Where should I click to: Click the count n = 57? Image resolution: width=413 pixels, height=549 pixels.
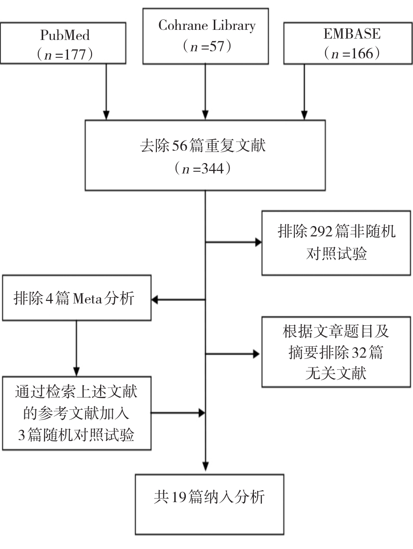pyautogui.click(x=206, y=46)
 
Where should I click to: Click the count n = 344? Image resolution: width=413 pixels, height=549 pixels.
pyautogui.click(x=206, y=169)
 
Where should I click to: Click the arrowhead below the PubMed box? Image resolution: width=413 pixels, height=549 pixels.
pyautogui.click(x=106, y=113)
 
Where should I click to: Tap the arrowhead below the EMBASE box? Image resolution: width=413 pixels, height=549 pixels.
pyautogui.click(x=304, y=113)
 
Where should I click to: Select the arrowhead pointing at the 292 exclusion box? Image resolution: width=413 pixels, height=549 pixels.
pyautogui.click(x=256, y=242)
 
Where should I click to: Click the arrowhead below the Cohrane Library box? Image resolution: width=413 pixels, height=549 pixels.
pyautogui.click(x=205, y=113)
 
